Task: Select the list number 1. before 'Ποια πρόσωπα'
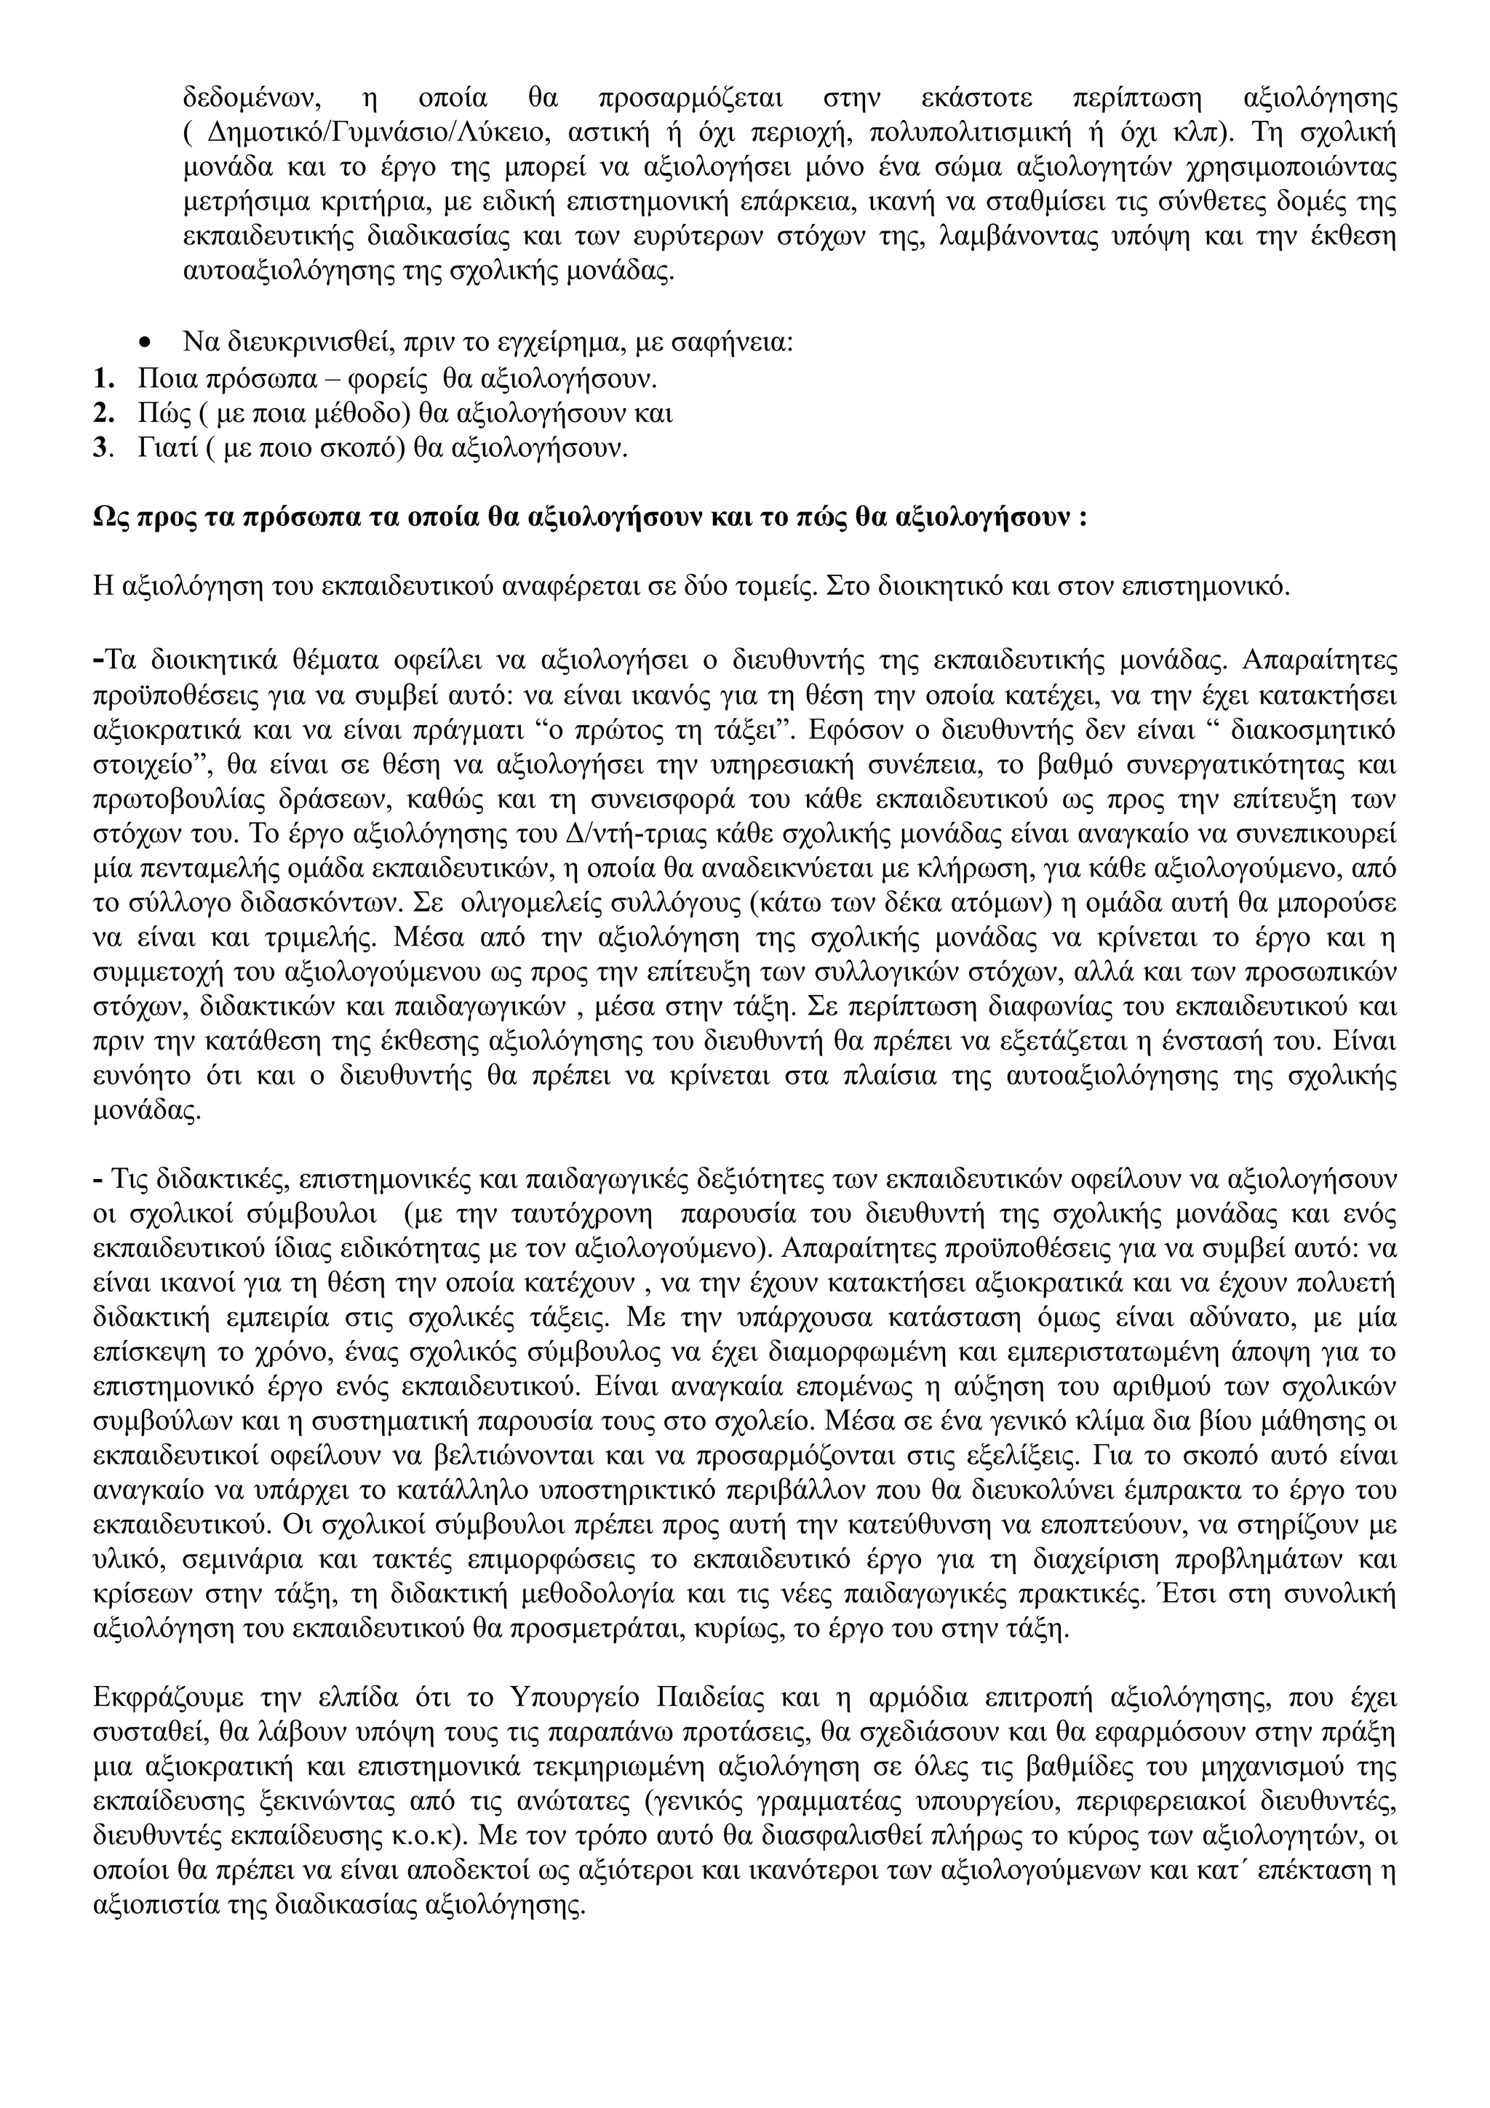click(x=105, y=378)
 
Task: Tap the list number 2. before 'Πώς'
click(x=105, y=413)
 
